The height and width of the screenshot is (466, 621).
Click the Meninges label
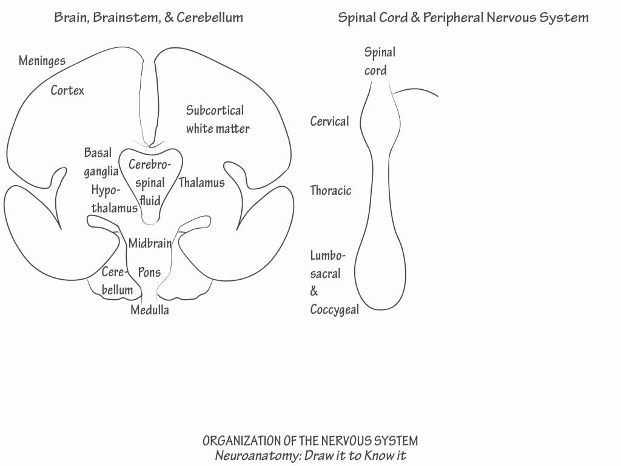[42, 61]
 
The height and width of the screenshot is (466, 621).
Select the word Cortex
[67, 90]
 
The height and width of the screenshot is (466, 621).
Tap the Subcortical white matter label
[217, 120]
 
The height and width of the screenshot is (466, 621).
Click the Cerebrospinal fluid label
[150, 182]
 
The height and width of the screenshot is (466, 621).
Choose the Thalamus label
[201, 183]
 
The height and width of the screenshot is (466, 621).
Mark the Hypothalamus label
[114, 200]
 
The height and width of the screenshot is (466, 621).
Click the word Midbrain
[150, 243]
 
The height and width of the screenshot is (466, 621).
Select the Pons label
[149, 272]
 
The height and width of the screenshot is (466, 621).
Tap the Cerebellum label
[116, 281]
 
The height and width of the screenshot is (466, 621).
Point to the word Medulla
[150, 311]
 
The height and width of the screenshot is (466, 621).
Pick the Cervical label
[329, 121]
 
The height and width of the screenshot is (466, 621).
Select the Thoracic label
[331, 191]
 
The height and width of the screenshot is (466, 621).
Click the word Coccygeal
[334, 309]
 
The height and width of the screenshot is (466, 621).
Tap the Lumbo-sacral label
[327, 265]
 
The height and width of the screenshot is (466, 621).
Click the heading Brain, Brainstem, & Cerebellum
[149, 17]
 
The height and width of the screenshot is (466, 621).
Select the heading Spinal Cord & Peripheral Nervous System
[463, 17]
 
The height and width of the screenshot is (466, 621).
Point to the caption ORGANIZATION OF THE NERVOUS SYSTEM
[310, 441]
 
